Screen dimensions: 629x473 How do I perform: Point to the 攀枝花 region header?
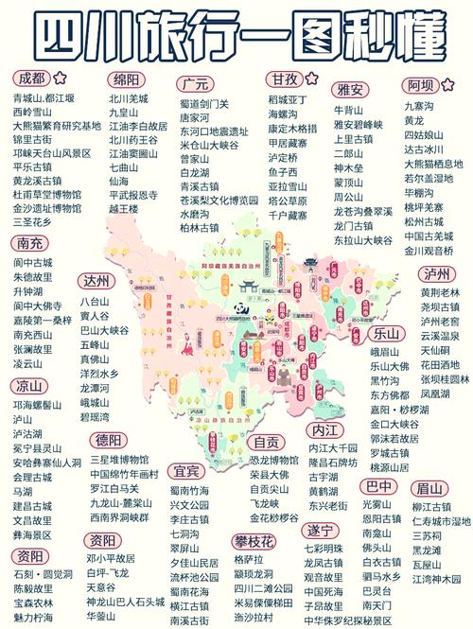pyautogui.click(x=254, y=540)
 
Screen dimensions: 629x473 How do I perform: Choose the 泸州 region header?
pyautogui.click(x=437, y=274)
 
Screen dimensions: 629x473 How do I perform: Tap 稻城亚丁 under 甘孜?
pyautogui.click(x=289, y=98)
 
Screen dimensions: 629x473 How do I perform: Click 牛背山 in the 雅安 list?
pyautogui.click(x=348, y=110)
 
